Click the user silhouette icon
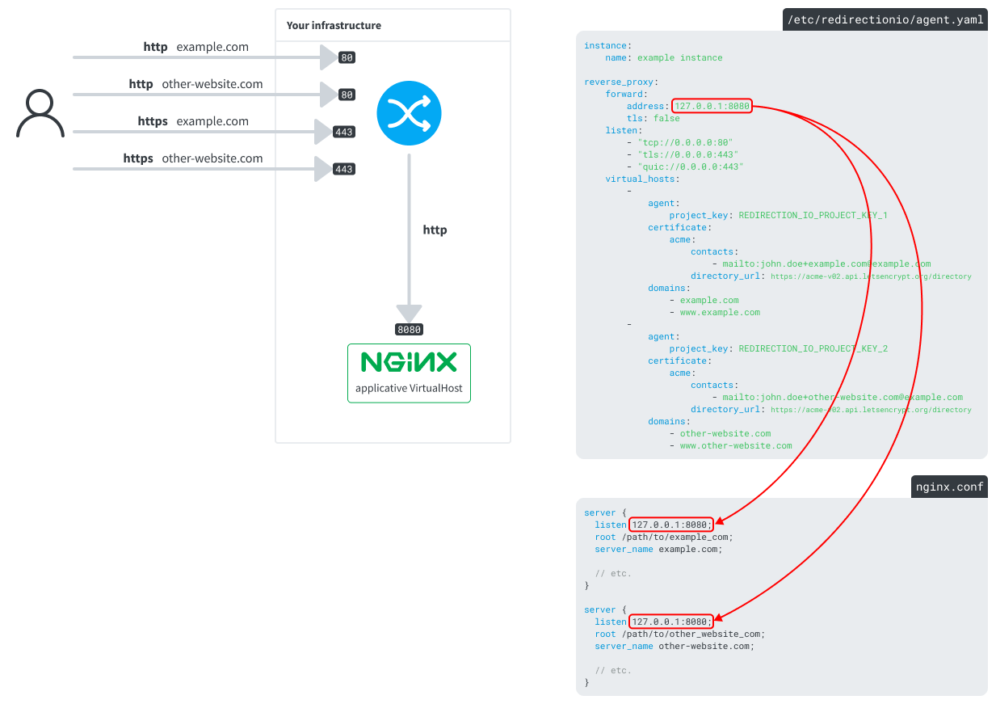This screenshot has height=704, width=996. pos(40,114)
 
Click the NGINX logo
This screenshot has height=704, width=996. pos(409,361)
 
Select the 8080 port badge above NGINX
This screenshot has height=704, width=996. pos(409,330)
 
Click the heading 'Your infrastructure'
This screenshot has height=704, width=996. pos(334,26)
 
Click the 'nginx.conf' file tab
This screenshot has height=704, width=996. pos(949,487)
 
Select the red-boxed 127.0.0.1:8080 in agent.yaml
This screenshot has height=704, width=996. pos(712,106)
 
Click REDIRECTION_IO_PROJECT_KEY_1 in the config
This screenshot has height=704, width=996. pos(813,215)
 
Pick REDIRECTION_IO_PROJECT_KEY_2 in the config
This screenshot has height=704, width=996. pos(813,348)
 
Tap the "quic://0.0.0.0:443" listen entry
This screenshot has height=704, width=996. pos(690,167)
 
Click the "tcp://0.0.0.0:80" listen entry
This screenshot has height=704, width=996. pos(685,142)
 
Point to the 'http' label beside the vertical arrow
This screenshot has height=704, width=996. pos(435,230)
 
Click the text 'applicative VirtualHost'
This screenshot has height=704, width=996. pos(409,388)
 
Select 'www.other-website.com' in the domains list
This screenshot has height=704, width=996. pos(736,445)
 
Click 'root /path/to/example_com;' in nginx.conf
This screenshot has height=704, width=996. pos(663,537)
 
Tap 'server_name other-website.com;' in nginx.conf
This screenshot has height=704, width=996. pos(675,646)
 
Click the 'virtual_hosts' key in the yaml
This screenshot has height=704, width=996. pos(642,179)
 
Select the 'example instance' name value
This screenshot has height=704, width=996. pos(679,57)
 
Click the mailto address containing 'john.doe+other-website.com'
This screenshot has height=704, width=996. pos(843,397)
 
